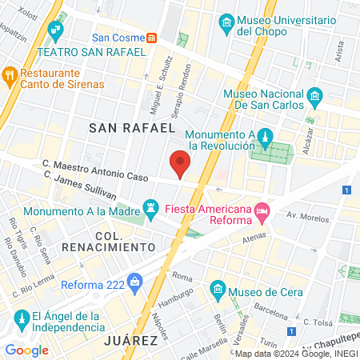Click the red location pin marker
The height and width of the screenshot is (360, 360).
(181, 163)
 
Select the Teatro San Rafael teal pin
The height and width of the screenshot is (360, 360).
(55, 32)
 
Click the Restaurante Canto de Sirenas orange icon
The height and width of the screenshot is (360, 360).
(10, 75)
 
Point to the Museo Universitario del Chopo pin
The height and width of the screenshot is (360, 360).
(226, 22)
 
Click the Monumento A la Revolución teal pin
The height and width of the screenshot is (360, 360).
(267, 136)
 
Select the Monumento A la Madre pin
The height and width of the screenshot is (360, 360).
(150, 206)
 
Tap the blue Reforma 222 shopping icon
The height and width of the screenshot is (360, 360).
(134, 281)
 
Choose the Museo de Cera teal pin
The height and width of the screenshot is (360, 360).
(216, 288)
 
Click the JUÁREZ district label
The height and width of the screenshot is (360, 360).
(130, 341)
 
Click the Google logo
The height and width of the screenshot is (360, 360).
(26, 350)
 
